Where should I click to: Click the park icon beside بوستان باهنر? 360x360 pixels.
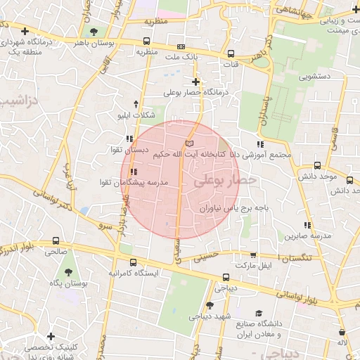tap(94, 31)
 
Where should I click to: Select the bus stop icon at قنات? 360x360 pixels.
tap(231, 54)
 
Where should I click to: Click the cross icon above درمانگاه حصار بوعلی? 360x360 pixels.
tap(195, 82)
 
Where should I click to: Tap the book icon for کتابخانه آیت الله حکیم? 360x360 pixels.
tap(188, 143)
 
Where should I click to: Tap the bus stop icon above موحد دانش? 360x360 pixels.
tap(318, 167)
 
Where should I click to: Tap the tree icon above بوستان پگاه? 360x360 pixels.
tap(67, 271)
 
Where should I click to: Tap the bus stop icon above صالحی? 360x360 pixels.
tap(56, 240)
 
